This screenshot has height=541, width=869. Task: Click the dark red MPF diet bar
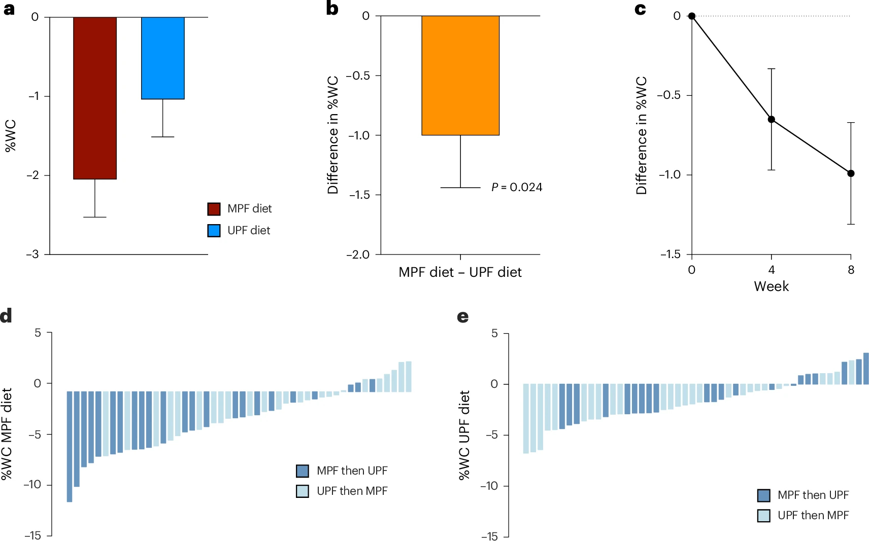(x=95, y=98)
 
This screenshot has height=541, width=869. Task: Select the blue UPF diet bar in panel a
(x=163, y=58)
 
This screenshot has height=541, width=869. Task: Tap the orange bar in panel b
(x=460, y=76)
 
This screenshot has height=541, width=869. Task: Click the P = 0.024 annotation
(x=517, y=188)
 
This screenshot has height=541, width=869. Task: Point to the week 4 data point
(x=772, y=120)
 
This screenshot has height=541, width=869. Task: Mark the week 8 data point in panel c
(x=851, y=173)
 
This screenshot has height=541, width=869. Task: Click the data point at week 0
(x=692, y=16)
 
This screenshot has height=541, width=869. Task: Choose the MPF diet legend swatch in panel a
(x=214, y=209)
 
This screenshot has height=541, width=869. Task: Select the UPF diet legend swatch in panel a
(x=214, y=231)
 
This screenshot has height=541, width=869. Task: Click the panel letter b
(x=332, y=9)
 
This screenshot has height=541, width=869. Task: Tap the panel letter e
(x=463, y=317)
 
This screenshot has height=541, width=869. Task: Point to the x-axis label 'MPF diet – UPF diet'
(x=460, y=272)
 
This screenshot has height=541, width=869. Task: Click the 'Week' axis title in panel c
(x=771, y=286)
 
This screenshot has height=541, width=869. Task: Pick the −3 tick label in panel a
(x=33, y=254)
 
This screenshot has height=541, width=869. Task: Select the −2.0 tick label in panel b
(x=358, y=255)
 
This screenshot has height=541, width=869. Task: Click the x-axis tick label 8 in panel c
(x=851, y=270)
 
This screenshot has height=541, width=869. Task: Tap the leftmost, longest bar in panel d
(x=70, y=446)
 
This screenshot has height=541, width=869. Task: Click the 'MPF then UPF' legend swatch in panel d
(x=303, y=471)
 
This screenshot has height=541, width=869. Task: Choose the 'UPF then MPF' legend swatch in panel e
(x=763, y=516)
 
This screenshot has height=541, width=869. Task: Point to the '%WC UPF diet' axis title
(x=464, y=435)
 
